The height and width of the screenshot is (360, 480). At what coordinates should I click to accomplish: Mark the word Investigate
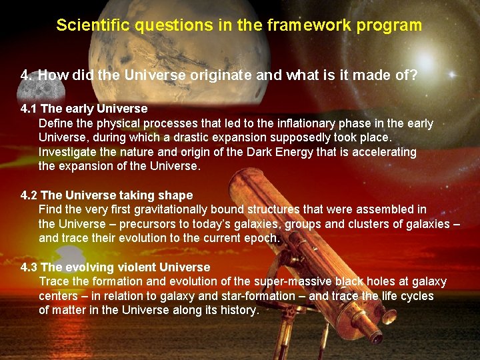pyautogui.click(x=69, y=152)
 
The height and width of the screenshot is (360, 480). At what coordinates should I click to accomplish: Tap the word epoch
pyautogui.click(x=263, y=238)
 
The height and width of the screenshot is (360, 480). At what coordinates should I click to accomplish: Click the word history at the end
pyautogui.click(x=238, y=310)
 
